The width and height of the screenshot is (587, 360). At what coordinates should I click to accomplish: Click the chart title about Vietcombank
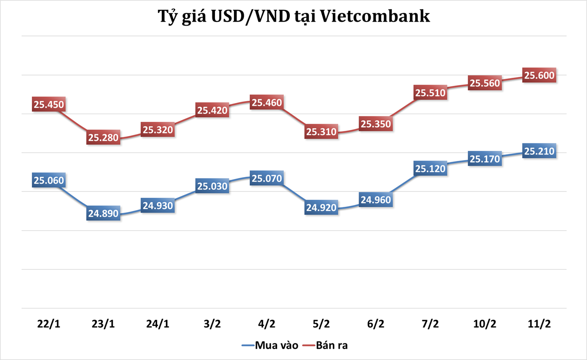(293, 17)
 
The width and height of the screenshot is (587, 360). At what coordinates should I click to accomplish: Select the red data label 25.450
(49, 105)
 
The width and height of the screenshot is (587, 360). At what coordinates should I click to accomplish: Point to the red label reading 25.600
(539, 75)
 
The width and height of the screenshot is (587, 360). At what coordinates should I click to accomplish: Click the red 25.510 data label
(430, 93)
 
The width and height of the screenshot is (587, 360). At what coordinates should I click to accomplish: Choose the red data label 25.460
(267, 103)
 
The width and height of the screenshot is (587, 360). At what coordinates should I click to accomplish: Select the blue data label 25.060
(49, 181)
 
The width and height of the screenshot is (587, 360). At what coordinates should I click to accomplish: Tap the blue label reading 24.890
(103, 213)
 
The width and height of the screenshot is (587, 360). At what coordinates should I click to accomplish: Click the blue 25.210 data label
(539, 151)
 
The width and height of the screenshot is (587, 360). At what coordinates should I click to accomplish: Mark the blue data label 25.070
(267, 179)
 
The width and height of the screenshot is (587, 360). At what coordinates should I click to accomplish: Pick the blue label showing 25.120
(430, 169)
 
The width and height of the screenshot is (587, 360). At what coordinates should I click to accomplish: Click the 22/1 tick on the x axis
(49, 324)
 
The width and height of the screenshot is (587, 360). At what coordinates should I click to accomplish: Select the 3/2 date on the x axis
(212, 324)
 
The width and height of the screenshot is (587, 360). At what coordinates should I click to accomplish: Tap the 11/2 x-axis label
(539, 324)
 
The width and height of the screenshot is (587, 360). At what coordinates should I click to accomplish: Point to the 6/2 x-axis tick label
(376, 324)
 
